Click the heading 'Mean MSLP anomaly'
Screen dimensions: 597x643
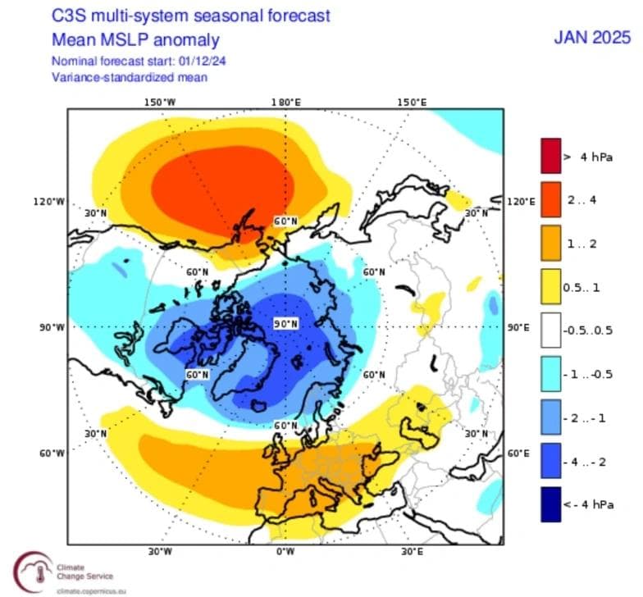[x=135, y=39]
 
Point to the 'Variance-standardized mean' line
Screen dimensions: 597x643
[x=130, y=77]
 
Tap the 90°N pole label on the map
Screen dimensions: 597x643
[x=285, y=324]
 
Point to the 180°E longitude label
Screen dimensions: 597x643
[x=285, y=103]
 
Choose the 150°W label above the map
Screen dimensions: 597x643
[x=160, y=103]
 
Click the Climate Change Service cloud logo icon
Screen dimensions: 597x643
[x=30, y=570]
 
